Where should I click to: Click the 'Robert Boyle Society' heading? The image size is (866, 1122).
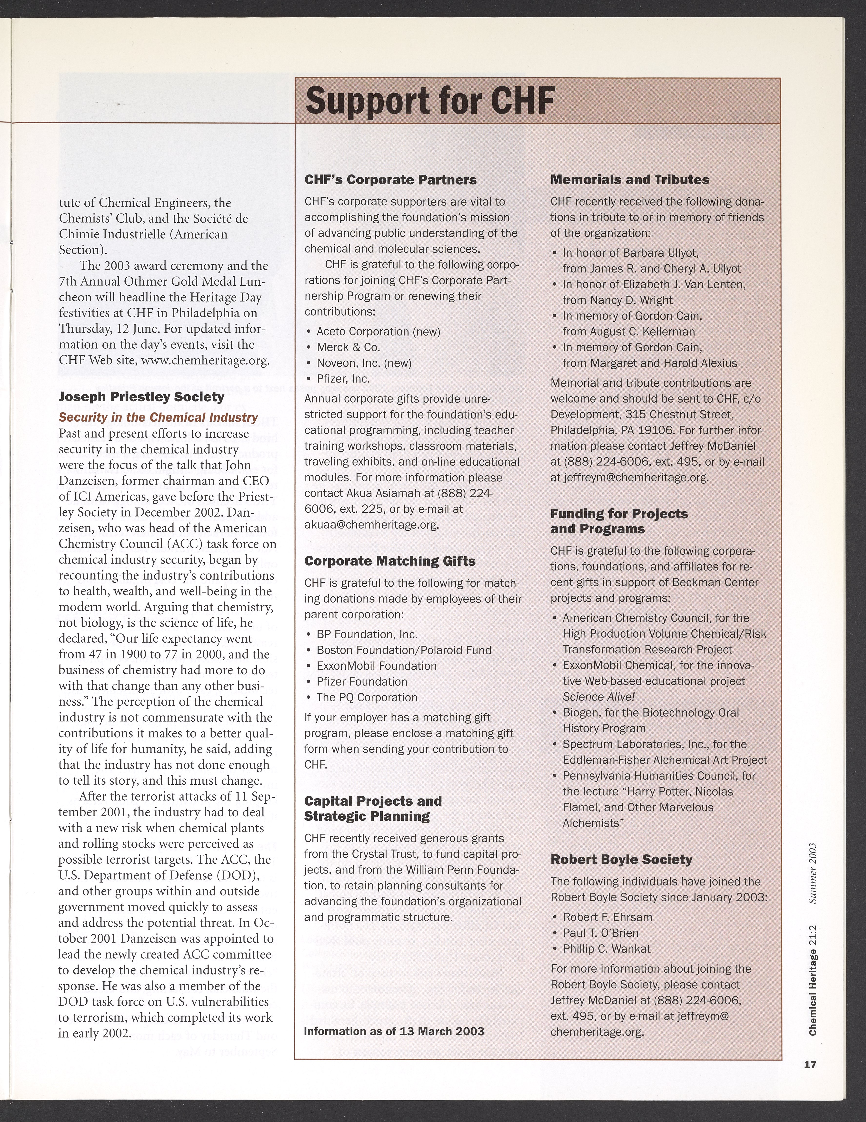pos(621,860)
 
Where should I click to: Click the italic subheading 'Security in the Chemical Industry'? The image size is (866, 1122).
pos(158,417)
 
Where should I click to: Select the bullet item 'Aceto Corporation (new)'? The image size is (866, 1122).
pos(378,331)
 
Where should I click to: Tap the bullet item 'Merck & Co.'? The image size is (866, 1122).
pos(348,347)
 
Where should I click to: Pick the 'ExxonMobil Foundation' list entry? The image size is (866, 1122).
pos(376,666)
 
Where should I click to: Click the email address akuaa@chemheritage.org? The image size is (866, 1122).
pos(372,525)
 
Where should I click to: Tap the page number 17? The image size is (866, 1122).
pos(810,1064)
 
